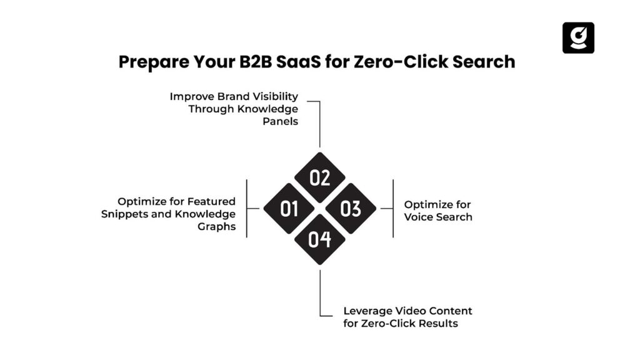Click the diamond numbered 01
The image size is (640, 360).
coord(289,209)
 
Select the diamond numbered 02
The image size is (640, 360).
coord(320,178)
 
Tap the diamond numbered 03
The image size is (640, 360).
coord(351,209)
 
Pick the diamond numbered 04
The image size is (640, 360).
coord(320,239)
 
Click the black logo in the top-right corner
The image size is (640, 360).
coord(578,37)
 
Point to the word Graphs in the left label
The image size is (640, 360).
coord(218,226)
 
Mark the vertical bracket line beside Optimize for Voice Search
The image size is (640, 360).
coord(392,208)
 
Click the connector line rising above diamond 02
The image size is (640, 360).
coord(319,125)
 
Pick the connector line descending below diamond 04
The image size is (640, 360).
coord(319,291)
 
